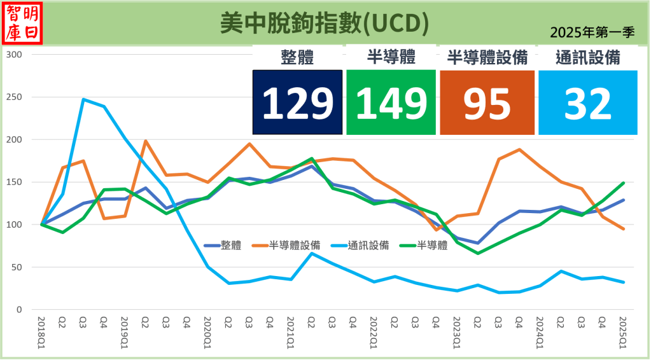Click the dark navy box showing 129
pyautogui.click(x=297, y=102)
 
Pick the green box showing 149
pyautogui.click(x=391, y=102)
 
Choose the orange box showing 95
pyautogui.click(x=487, y=102)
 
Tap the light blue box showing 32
pyautogui.click(x=587, y=102)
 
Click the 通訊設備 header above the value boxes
pyautogui.click(x=587, y=58)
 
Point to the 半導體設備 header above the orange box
pyautogui.click(x=487, y=58)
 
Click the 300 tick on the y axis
pyautogui.click(x=13, y=55)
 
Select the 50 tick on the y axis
pyautogui.click(x=17, y=267)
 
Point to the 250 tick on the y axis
pyautogui.click(x=13, y=97)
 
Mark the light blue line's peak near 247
pyautogui.click(x=83, y=99)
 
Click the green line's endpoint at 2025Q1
pyautogui.click(x=623, y=183)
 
